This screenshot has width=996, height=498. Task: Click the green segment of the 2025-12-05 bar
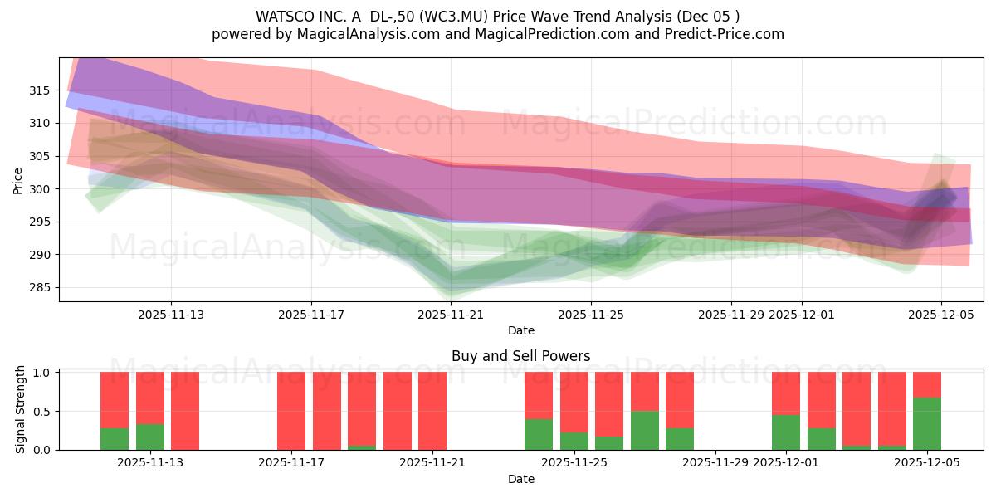926,424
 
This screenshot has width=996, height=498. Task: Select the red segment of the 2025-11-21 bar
432,411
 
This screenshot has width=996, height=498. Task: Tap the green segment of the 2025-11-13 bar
149,437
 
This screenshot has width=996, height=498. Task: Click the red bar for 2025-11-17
291,411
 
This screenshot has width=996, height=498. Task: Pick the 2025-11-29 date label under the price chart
731,315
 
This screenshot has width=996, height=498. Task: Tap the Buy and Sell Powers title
520,356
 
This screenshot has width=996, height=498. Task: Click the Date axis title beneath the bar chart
520,479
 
